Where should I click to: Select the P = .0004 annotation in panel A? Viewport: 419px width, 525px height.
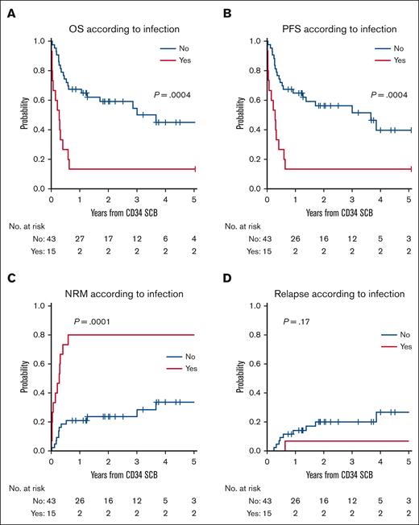click(172, 95)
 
